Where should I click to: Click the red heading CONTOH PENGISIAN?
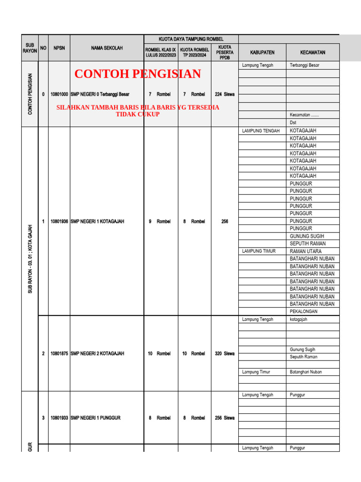[138, 74]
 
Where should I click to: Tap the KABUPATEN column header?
[262, 52]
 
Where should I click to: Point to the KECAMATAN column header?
[313, 52]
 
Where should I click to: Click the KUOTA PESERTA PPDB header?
[225, 52]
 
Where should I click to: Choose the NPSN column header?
[59, 48]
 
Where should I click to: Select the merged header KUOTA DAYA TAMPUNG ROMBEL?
[191, 39]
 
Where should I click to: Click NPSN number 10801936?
[59, 221]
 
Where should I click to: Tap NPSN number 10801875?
[59, 353]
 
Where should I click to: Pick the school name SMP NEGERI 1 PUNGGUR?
[96, 418]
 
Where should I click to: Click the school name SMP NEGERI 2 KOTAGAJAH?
[97, 353]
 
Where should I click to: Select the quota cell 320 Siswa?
[225, 353]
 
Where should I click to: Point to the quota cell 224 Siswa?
[225, 94]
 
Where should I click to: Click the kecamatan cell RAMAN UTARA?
[306, 251]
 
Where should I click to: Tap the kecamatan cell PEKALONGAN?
[304, 312]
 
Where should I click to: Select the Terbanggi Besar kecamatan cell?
[305, 65]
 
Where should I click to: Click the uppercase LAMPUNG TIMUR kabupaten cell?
[259, 251]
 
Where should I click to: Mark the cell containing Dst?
[293, 122]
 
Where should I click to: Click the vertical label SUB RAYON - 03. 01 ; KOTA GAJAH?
[31, 259]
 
